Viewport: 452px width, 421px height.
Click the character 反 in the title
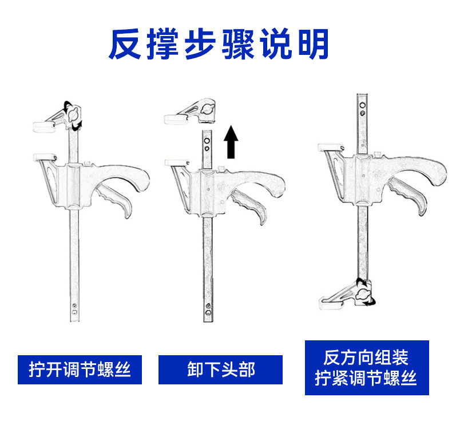coord(125,45)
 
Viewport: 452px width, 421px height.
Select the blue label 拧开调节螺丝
coord(80,370)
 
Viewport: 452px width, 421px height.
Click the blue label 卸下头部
coord(220,370)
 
